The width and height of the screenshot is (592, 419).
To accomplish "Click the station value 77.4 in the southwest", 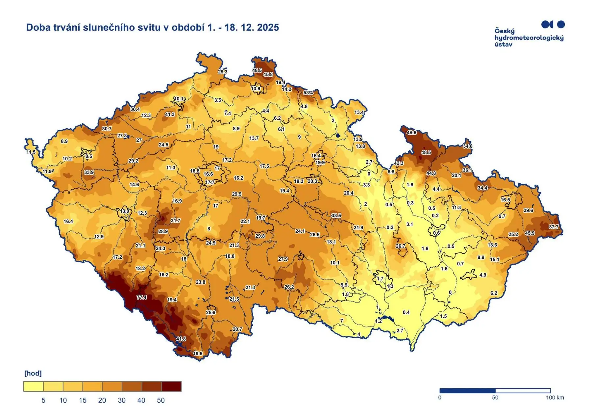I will click(x=142, y=297).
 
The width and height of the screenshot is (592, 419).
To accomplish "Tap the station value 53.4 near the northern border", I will click(x=308, y=92).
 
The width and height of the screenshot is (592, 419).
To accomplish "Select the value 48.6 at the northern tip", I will click(x=411, y=132).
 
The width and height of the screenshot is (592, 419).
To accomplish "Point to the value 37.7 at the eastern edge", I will click(x=554, y=227).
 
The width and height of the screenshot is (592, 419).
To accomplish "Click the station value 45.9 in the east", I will click(x=530, y=233).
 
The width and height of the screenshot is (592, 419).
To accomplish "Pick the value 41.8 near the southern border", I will click(x=181, y=339).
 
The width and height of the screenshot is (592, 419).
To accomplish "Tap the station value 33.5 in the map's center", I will click(x=336, y=216).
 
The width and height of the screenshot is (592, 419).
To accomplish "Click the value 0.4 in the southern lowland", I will click(x=406, y=312).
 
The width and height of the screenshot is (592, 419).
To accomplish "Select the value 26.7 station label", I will click(x=401, y=246).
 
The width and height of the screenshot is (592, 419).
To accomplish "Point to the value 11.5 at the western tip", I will click(x=31, y=152).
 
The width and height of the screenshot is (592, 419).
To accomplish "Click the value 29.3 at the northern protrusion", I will click(x=223, y=71).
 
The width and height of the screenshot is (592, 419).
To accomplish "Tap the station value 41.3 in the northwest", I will click(x=170, y=114).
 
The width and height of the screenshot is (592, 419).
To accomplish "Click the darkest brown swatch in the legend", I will click(x=171, y=386).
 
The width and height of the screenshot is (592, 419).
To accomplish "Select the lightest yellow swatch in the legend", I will click(x=33, y=386).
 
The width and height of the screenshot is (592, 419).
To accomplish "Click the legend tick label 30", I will click(x=122, y=401).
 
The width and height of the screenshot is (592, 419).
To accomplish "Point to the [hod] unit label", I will click(x=33, y=373).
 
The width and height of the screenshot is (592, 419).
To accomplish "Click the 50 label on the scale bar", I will click(x=495, y=398).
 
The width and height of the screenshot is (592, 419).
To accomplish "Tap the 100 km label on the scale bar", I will click(x=555, y=398).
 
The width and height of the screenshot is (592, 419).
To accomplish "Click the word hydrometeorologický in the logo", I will click(x=529, y=38).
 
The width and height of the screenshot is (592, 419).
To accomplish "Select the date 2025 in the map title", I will click(x=268, y=27).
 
